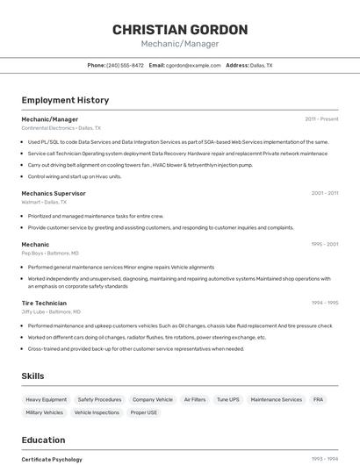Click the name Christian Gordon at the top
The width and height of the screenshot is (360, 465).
[179, 30]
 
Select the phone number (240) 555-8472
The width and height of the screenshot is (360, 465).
[125, 65]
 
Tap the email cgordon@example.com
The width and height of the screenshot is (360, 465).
[193, 65]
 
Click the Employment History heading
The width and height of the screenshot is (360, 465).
[65, 100]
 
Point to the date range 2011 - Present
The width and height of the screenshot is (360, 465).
[321, 119]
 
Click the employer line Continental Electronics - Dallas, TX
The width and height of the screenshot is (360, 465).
[61, 128]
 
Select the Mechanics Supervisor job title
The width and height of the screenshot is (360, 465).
[54, 193]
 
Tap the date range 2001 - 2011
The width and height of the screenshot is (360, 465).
[324, 193]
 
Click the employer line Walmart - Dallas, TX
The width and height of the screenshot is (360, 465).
[44, 202]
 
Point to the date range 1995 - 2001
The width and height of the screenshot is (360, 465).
[324, 244]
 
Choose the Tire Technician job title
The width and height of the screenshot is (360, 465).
[44, 303]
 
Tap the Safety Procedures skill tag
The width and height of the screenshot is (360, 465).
[99, 399]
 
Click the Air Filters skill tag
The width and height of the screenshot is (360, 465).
[194, 399]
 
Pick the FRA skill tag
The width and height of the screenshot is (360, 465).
[318, 399]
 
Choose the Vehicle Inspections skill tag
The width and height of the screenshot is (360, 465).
[97, 412]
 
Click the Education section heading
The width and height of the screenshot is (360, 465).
[43, 440]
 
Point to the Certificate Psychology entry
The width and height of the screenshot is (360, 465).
[52, 459]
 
